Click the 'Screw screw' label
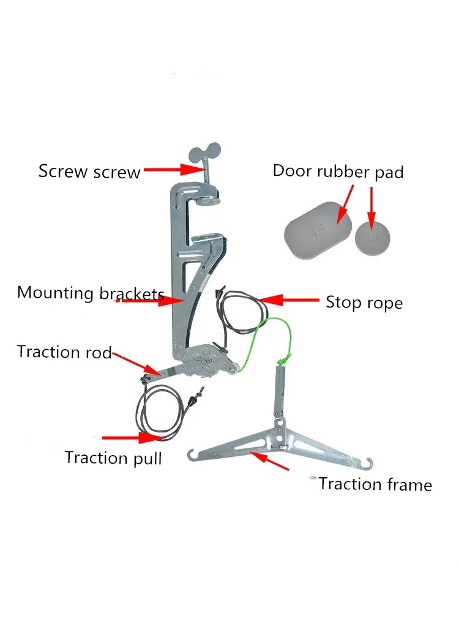coord(89,171)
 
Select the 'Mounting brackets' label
coord(91,293)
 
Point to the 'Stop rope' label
coord(364,302)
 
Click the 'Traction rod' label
coord(64,352)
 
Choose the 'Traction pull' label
coord(113,458)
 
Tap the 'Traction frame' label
coord(375,484)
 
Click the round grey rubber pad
coord(372,238)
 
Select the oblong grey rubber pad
coord(318,230)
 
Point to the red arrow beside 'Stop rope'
coord(288,300)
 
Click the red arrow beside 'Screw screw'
coord(173,170)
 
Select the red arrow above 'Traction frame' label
coord(269,461)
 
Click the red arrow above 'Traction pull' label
coord(133,437)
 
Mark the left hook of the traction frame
coord(191,454)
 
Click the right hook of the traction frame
coord(368,462)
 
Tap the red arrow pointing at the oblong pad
coord(345,205)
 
